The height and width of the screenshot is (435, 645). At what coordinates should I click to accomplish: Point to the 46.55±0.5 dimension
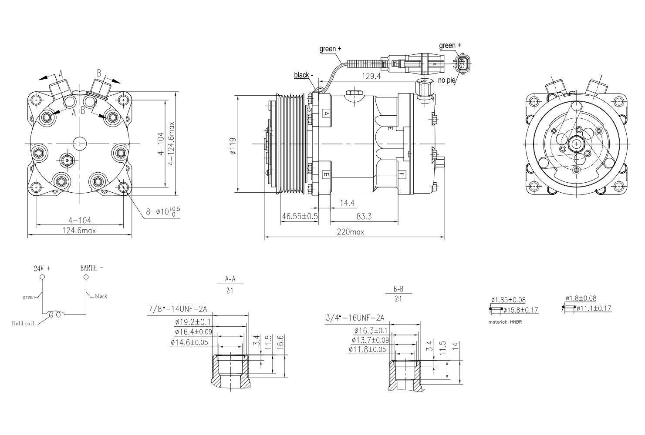coord(299,216)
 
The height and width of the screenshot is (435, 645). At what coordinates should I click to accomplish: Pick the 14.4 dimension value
coord(347,203)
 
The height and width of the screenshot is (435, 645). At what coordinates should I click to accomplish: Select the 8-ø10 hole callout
coord(162,211)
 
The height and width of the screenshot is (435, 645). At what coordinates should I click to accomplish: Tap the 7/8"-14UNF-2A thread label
coord(178,309)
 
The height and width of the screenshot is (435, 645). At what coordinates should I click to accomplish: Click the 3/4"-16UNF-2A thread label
coord(355,318)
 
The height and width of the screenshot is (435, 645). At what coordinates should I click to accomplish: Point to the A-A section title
coord(230,279)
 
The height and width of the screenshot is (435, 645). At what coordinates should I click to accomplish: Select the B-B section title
coord(398,289)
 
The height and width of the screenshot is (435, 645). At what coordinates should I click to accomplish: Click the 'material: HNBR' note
coord(505,322)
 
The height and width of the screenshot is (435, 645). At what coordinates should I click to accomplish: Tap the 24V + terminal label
coord(42,268)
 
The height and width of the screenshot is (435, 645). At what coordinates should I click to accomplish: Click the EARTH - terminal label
coord(92,268)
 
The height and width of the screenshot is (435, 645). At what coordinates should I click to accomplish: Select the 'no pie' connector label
coord(446,80)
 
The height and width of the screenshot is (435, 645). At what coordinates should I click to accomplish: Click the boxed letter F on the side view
coord(402,175)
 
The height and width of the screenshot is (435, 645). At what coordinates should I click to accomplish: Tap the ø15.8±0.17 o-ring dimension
coord(521,310)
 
